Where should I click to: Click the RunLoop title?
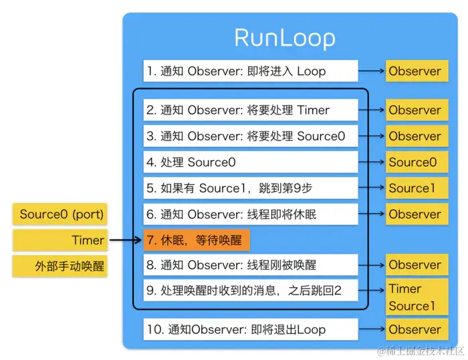(x=285, y=37)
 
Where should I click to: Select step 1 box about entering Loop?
(x=251, y=71)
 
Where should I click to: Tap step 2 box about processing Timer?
(x=251, y=110)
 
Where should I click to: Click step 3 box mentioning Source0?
(x=251, y=136)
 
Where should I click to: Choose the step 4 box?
(x=251, y=162)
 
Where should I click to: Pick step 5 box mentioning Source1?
(x=251, y=188)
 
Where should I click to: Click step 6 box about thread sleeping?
(x=251, y=214)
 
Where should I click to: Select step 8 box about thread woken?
(x=251, y=265)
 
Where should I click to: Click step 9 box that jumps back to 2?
(x=251, y=291)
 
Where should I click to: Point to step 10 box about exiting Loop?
(x=251, y=329)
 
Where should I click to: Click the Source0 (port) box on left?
(x=62, y=214)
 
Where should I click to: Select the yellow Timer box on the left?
(x=62, y=240)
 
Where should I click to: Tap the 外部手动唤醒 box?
(x=62, y=266)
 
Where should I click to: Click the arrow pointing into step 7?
(x=126, y=240)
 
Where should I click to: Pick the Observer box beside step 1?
(x=415, y=71)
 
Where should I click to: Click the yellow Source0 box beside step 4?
(x=415, y=162)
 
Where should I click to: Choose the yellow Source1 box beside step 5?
(x=415, y=188)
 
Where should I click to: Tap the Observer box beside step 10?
(x=415, y=329)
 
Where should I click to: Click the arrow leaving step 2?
(x=371, y=110)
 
